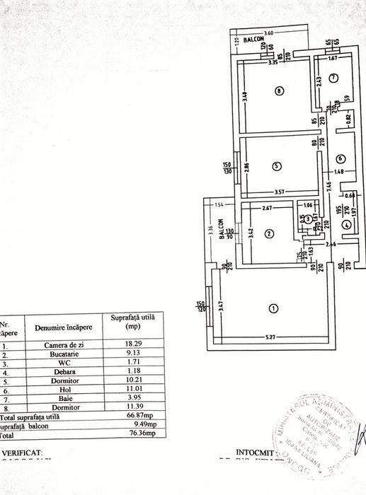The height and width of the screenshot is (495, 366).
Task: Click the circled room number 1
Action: click(273, 308)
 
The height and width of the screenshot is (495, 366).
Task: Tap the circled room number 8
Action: click(280, 91)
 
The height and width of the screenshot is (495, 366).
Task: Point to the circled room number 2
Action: click(270, 233)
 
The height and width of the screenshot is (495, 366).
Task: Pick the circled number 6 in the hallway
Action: click(340, 158)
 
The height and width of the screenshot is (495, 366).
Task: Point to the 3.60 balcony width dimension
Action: click(268, 34)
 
